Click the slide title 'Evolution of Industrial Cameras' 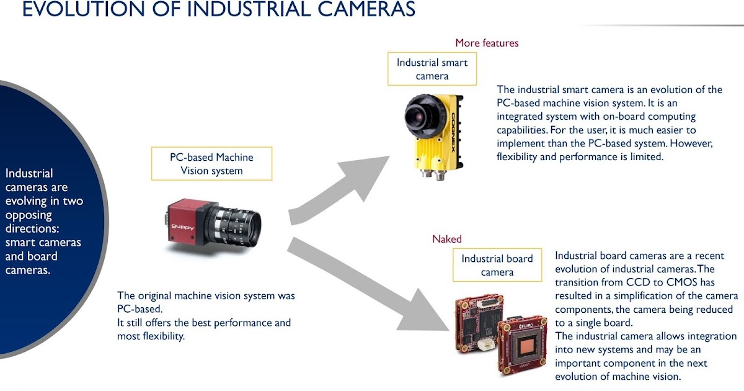pos(218,10)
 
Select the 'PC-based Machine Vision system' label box pos(211,163)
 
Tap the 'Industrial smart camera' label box pos(432,69)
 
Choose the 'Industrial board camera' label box pos(497,265)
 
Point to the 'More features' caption pos(487,43)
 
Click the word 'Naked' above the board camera pos(447,239)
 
